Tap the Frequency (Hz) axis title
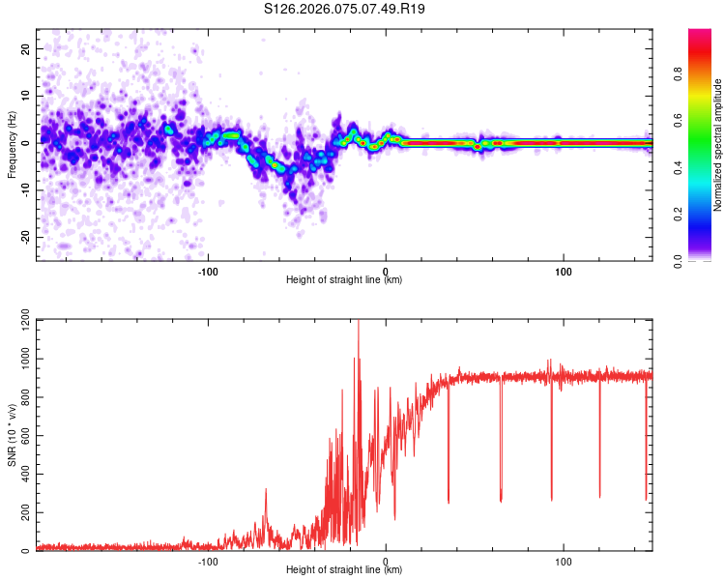(12, 143)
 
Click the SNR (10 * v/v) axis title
(12, 435)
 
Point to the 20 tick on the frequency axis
(25, 48)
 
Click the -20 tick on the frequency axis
(23, 237)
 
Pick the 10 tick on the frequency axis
(25, 96)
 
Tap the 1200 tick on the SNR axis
(19, 320)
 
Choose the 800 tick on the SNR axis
(21, 397)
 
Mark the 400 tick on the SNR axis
(21, 475)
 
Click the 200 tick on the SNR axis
(21, 513)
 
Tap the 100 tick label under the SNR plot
(564, 561)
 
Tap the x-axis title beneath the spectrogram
(344, 280)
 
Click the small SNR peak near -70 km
(266, 491)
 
